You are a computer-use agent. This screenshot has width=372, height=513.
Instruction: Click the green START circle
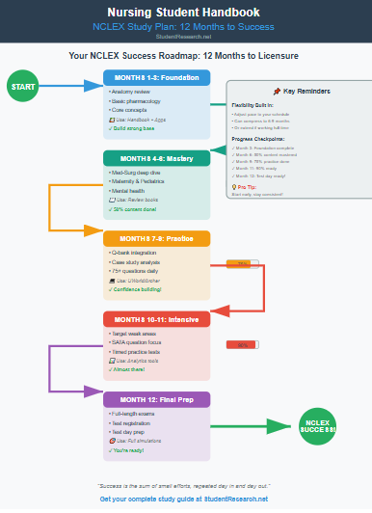pos(22,87)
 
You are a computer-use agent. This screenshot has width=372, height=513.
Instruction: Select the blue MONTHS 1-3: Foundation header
pos(157,77)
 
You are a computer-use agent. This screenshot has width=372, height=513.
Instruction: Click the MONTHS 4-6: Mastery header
pos(157,157)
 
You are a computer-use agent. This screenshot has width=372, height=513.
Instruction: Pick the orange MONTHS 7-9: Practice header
pos(157,238)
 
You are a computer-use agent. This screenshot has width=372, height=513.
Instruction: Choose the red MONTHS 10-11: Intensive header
pos(157,318)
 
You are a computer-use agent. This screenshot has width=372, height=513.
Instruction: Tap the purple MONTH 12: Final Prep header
pos(157,398)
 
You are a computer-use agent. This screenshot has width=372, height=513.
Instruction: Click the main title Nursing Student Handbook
pos(185,13)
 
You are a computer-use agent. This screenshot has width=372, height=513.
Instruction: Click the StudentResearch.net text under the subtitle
pos(185,40)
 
